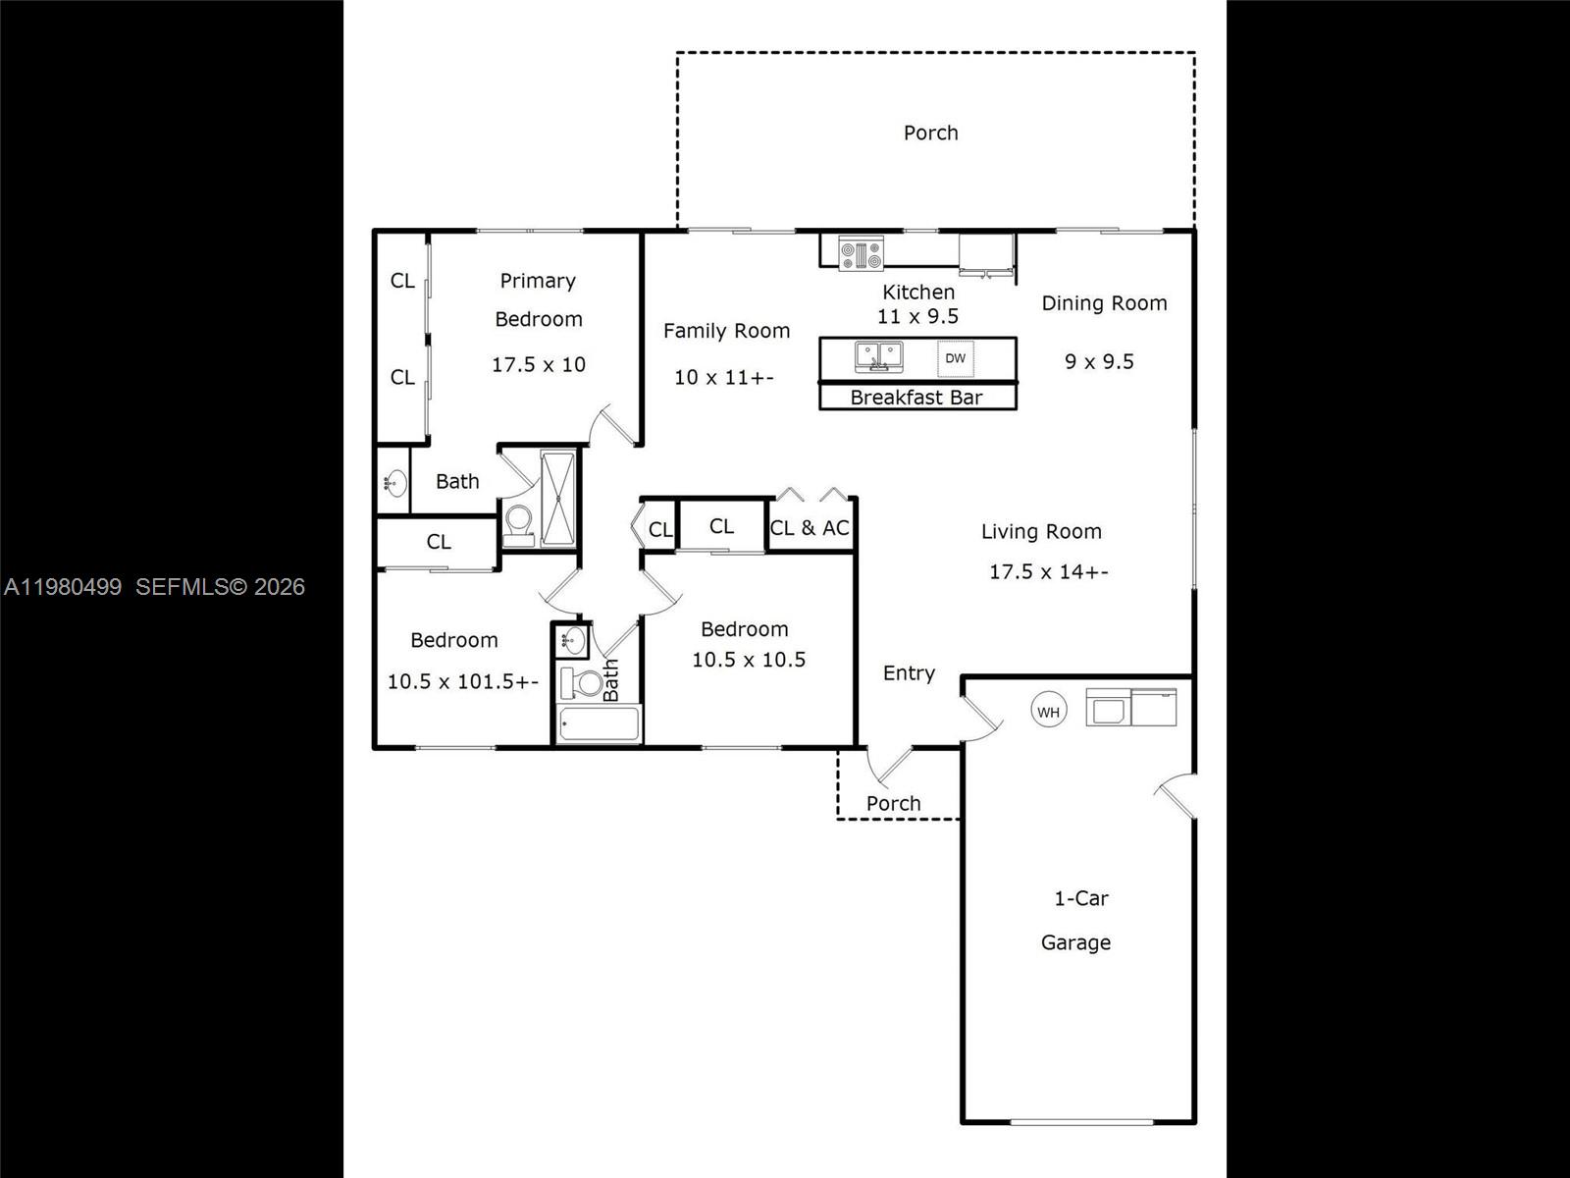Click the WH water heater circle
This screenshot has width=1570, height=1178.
pyautogui.click(x=1048, y=712)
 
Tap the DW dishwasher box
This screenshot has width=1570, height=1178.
pyautogui.click(x=955, y=358)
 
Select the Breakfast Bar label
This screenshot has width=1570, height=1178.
pyautogui.click(x=916, y=398)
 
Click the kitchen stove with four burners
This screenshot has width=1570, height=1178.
pyautogui.click(x=862, y=253)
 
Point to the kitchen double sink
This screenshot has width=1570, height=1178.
pyautogui.click(x=878, y=355)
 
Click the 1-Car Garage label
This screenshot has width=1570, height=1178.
pyautogui.click(x=1076, y=920)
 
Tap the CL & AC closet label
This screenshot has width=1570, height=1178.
pyautogui.click(x=810, y=528)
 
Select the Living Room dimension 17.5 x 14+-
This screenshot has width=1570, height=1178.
pyautogui.click(x=1048, y=571)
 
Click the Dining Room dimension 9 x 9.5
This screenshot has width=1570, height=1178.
pyautogui.click(x=1099, y=361)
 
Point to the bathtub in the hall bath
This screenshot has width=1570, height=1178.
pyautogui.click(x=599, y=724)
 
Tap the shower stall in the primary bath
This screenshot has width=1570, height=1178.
pyautogui.click(x=557, y=498)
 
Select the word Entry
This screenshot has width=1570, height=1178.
pyautogui.click(x=909, y=673)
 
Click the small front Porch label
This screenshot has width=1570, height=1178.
pyautogui.click(x=893, y=803)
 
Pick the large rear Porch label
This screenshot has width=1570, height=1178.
pyautogui.click(x=930, y=133)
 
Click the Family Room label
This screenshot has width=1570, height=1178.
pyautogui.click(x=726, y=331)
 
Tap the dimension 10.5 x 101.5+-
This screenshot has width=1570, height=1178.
pyautogui.click(x=462, y=681)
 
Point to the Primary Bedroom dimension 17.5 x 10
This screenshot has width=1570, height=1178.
pyautogui.click(x=538, y=364)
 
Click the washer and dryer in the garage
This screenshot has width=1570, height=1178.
pyautogui.click(x=1130, y=708)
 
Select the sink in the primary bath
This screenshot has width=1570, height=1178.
pyautogui.click(x=395, y=482)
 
